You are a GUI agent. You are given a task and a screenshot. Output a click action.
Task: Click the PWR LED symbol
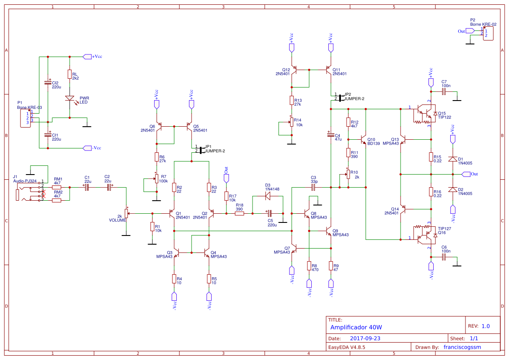[70, 99]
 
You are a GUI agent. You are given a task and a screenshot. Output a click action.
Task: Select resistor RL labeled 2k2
[70, 74]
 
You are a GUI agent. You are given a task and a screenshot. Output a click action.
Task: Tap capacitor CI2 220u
[48, 83]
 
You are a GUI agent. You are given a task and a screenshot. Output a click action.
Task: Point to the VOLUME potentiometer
[126, 213]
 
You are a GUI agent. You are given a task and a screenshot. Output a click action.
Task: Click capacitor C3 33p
[313, 187]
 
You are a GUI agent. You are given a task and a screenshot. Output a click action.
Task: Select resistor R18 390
[239, 213]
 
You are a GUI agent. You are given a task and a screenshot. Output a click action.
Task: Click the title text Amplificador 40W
[356, 327]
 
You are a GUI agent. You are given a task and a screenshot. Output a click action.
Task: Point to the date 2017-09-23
[365, 338]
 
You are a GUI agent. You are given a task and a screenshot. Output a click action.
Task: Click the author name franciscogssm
[462, 347]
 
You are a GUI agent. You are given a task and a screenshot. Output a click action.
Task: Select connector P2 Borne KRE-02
[488, 33]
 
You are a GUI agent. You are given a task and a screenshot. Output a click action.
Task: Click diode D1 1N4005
[453, 159]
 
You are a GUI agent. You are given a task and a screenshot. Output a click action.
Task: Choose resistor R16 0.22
[431, 192]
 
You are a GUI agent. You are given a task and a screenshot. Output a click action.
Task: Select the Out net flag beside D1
[467, 174]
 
